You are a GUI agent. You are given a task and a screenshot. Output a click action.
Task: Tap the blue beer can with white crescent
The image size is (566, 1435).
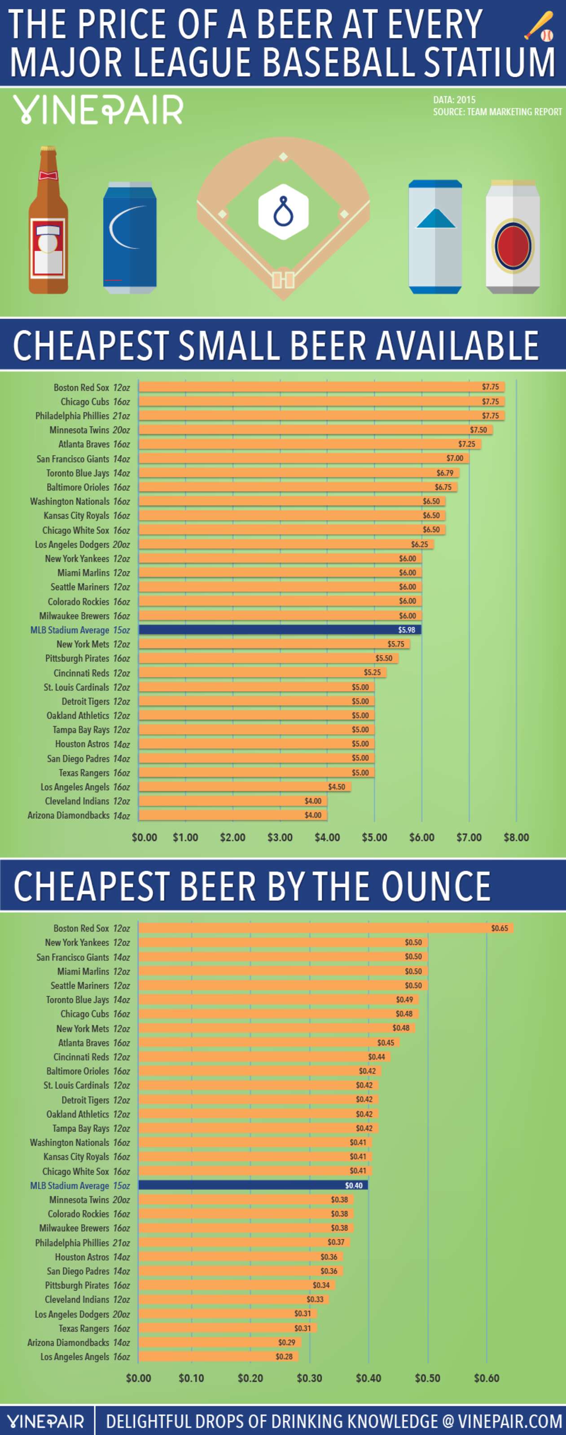point(129,237)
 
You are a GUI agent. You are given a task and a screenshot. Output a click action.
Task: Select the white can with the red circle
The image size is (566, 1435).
point(513,237)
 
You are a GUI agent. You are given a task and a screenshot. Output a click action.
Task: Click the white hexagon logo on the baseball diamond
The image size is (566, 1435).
point(283,212)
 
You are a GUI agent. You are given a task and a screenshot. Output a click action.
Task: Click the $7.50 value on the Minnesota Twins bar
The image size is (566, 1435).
point(478,430)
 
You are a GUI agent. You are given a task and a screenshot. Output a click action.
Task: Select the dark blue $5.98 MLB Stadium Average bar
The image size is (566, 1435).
point(279,630)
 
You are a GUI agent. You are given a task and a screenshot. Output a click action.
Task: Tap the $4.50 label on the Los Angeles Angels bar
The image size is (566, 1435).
point(336,787)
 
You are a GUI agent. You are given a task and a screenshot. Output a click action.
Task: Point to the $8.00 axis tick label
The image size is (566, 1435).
point(516,837)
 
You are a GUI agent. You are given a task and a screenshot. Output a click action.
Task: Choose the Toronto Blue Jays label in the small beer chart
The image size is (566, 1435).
point(78,473)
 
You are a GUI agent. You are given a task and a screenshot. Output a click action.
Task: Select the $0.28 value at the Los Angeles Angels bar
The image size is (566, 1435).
point(284,1357)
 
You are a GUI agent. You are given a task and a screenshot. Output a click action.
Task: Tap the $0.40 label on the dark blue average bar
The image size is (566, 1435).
point(354,1185)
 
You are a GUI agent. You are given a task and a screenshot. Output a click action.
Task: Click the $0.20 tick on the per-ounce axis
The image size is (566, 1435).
point(250,1378)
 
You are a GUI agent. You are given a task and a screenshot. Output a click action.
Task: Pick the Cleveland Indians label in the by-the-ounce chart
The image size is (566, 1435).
point(77,1299)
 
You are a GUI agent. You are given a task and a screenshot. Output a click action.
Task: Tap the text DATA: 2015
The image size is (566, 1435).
point(454,100)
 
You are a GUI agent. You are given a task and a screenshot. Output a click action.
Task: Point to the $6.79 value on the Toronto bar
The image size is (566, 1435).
point(444,473)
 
